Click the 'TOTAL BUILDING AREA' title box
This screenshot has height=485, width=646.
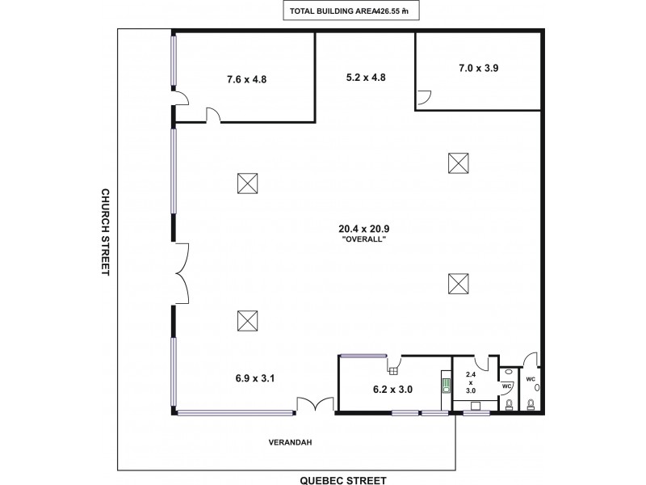pos(350,11)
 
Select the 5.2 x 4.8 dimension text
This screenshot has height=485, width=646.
pos(365,78)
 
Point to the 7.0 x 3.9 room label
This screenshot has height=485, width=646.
pos(478,69)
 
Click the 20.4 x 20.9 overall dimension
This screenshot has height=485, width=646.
pos(362,229)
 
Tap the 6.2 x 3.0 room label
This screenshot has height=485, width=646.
pos(392,389)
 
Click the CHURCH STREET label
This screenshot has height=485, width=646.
pos(105,233)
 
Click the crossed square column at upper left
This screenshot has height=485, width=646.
pos(247,183)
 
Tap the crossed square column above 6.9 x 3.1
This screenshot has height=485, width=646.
pos(247,321)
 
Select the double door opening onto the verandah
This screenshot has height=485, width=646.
pos(315,405)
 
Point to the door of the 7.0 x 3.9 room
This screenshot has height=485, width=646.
pos(423,99)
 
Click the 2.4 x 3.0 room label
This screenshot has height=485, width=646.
pos(472,382)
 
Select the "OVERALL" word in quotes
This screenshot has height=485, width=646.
pos(362,240)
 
